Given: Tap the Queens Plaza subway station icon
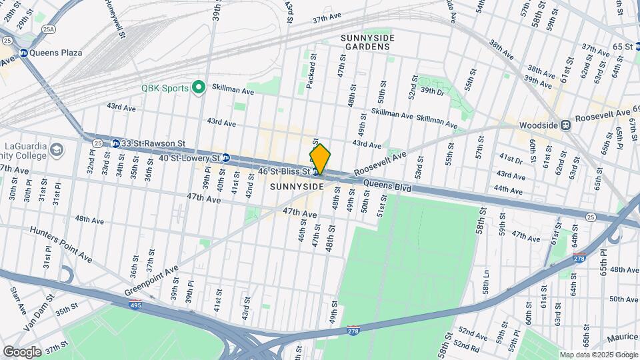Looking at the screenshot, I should point(24,53).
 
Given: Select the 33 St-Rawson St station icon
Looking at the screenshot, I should point(115,143).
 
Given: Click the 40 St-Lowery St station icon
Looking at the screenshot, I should point(226,158).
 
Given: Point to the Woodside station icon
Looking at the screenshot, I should point(565,124).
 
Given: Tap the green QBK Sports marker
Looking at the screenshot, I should point(198,87).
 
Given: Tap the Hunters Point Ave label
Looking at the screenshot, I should point(60,243).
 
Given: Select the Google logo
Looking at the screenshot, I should point(22,351).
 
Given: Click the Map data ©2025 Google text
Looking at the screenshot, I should point(597,355).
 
